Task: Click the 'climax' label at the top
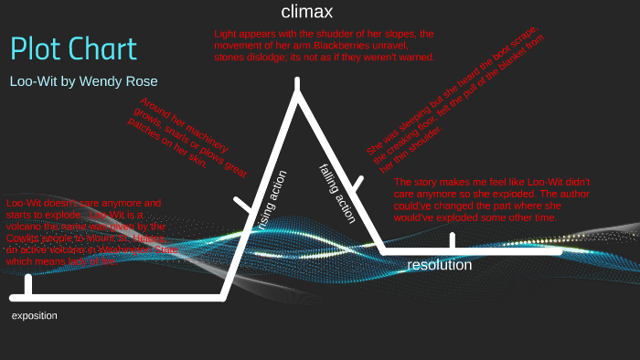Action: [x=306, y=12]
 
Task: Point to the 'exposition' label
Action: [x=34, y=315]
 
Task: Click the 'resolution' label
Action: [x=439, y=265]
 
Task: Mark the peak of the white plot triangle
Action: [x=297, y=84]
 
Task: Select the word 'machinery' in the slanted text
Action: [x=189, y=125]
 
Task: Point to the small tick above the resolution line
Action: [x=452, y=240]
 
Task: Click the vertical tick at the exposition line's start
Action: [x=29, y=285]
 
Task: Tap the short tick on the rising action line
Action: [x=242, y=205]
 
